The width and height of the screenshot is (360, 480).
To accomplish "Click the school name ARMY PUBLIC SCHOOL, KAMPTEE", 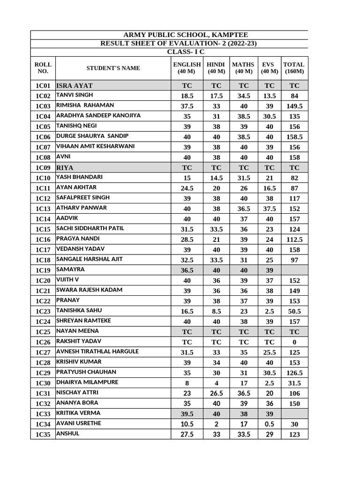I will coord(185,35).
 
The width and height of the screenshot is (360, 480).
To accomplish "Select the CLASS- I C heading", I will coord(186,52).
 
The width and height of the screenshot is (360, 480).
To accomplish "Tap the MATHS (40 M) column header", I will coord(243,68).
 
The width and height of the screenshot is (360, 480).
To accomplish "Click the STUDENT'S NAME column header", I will coord(113,68).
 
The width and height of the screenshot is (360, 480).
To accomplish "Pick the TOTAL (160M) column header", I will coord(294,68).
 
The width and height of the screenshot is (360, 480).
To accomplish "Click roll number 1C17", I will coord(43,249).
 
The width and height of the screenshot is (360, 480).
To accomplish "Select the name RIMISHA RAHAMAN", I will coord(85,105).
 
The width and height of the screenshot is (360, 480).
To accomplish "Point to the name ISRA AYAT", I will coord(75,85).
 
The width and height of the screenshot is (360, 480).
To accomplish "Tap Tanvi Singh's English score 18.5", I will coord(187,96).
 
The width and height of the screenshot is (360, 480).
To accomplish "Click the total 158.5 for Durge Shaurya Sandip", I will coord(294,137).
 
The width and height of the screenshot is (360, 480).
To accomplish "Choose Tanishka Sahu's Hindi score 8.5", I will coord(216,311).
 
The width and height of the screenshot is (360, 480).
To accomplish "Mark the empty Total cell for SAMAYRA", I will coord(294,270).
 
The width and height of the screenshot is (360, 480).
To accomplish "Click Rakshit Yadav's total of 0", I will coord(294,342).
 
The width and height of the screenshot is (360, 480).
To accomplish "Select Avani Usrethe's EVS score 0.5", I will coord(269,424).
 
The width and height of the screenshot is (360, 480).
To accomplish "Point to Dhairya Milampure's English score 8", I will coord(187,383).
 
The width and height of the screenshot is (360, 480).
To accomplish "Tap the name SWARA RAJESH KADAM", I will coord(89,290).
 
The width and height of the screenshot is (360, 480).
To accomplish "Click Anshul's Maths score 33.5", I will coord(243,435).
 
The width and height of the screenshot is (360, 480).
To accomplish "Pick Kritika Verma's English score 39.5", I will coord(187,414).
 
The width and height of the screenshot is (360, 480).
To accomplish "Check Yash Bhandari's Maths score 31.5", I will coord(243,178).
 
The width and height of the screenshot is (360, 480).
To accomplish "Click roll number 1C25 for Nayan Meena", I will coord(43,332).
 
